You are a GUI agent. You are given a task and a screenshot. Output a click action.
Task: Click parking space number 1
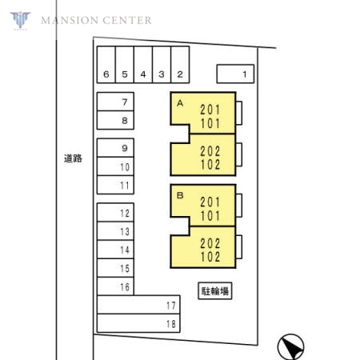coord(235,74)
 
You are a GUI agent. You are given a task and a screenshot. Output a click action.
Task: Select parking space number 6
coord(106,65)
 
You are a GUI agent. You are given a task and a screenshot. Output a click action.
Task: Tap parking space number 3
coord(162,65)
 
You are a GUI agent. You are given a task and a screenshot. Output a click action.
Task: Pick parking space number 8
coord(115,120)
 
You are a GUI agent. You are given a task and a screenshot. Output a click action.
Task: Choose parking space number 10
coord(115,166)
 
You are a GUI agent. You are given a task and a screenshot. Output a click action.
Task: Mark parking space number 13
coord(115,231)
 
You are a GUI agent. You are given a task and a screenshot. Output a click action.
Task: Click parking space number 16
coord(115,286)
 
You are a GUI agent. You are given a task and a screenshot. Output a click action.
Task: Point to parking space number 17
coord(138,305)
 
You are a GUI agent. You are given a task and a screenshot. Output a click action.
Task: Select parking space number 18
coord(138,323)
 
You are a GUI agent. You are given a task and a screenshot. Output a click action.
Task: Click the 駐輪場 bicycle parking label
coord(215,290)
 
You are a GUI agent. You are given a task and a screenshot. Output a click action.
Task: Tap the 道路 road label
coord(73,158)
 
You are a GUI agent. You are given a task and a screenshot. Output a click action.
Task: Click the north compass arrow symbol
coord(290,346)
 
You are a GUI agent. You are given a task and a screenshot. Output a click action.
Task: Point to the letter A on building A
coord(180,103)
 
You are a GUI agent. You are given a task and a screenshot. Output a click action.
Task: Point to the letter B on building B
coord(180,195)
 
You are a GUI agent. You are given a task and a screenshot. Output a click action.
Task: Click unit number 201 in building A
coord(210,110)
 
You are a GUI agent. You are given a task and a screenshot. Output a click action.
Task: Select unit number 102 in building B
coord(210,257)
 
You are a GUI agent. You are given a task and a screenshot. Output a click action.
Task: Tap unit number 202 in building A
coord(210,151)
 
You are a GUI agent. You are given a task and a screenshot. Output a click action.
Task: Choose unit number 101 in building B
coord(210,216)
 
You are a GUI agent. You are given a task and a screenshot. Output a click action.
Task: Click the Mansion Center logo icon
coord(20,20)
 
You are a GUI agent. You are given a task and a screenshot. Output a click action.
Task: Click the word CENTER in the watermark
coord(127,21)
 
